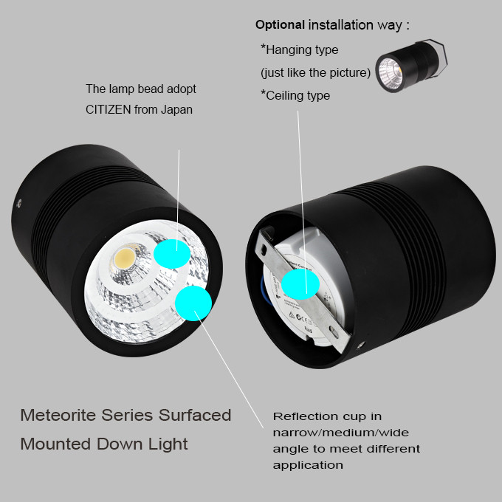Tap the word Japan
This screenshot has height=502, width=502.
click(176, 110)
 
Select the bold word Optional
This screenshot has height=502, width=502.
click(280, 25)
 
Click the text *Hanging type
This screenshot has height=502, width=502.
click(299, 49)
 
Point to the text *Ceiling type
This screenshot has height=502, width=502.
click(295, 95)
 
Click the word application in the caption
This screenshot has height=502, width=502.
click(308, 465)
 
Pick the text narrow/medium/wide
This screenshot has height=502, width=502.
click(341, 433)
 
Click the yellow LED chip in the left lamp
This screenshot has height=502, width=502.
click(125, 258)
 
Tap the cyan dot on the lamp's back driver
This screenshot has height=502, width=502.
click(300, 284)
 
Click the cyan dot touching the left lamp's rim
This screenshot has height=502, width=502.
click(193, 303)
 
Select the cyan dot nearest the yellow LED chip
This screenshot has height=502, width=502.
click(172, 253)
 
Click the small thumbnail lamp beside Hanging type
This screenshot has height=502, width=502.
click(411, 66)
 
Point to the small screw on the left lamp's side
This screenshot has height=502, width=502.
click(19, 203)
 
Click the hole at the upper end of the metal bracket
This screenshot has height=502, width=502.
click(264, 250)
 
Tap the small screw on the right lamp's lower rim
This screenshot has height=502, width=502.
click(361, 345)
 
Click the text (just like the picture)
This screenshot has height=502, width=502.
click(315, 72)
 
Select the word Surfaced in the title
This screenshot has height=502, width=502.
click(195, 415)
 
